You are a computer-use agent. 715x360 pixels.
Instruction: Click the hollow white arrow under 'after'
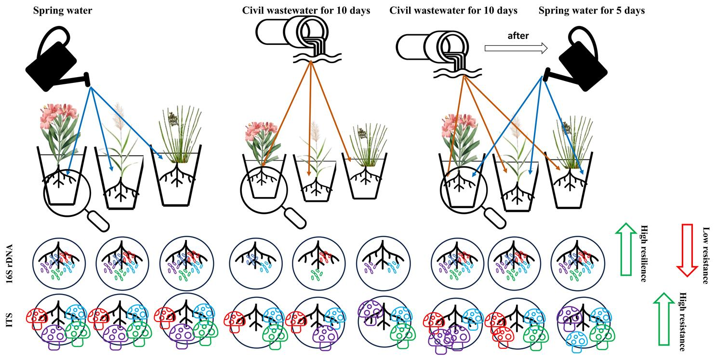pos(516,48)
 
